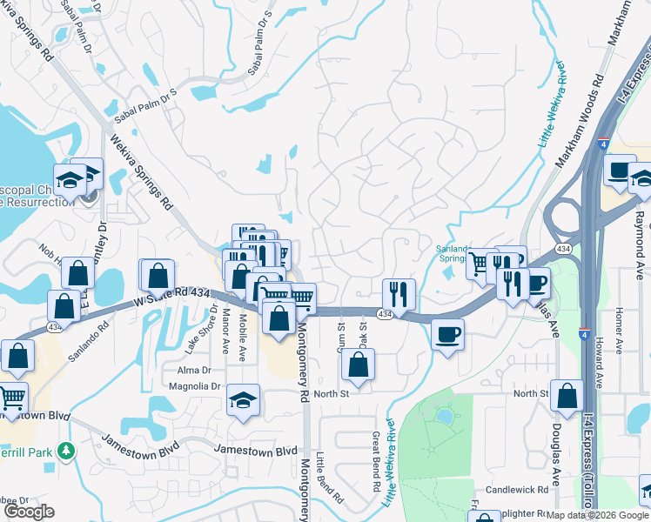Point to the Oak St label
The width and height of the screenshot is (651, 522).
pyautogui.click(x=362, y=332)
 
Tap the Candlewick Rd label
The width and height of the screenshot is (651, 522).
pyautogui.click(x=515, y=491)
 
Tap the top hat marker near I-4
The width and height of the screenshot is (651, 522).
pyautogui.click(x=620, y=171)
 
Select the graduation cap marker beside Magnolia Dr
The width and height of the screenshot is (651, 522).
pyautogui.click(x=244, y=401)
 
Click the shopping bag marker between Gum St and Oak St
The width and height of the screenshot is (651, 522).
pyautogui.click(x=358, y=366)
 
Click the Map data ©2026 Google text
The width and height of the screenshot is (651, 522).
pyautogui.click(x=597, y=515)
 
